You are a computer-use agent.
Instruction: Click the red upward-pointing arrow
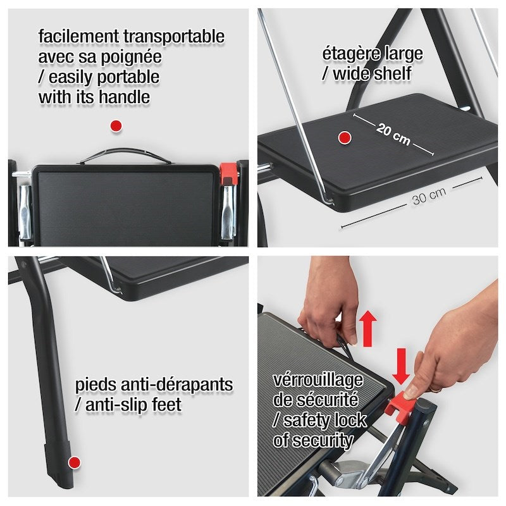tap(368, 328)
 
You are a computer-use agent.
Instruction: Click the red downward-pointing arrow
tap(401, 366)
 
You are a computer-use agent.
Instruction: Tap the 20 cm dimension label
tap(393, 134)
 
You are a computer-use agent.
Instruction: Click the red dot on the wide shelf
tap(345, 138)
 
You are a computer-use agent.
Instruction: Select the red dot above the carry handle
tap(116, 126)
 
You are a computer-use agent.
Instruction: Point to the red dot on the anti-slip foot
tap(75, 463)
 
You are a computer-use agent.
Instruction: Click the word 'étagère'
tap(350, 54)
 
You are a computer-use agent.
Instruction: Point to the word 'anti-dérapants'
tap(176, 385)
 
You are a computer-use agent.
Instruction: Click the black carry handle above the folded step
tap(125, 156)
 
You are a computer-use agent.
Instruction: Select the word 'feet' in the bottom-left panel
tap(166, 405)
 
